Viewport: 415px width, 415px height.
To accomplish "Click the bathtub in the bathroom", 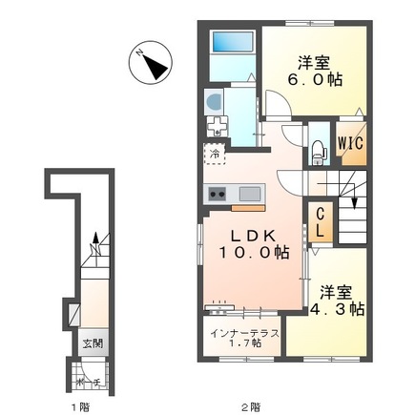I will click(230, 42).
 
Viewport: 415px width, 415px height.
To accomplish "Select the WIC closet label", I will click(348, 146).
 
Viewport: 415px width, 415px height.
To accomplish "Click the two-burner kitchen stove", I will click(216, 195).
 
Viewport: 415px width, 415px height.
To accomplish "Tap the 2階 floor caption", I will click(252, 407).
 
